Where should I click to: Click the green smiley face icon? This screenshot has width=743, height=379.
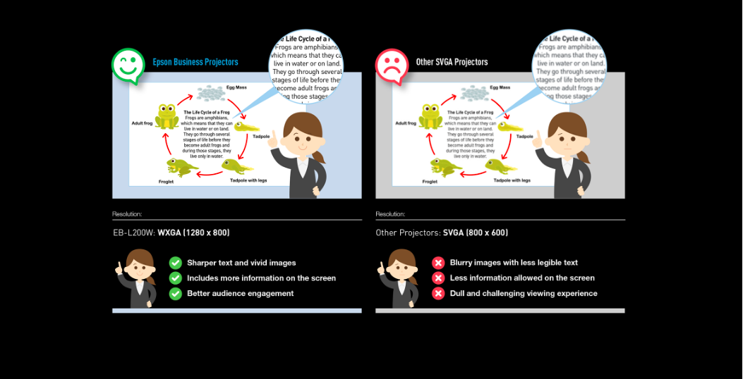[127, 66]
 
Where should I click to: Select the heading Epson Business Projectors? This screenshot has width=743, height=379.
[195, 62]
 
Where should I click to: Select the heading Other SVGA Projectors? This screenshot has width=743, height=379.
[452, 62]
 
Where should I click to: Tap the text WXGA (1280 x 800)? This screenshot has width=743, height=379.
[193, 232]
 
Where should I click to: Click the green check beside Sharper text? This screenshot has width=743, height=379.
[176, 263]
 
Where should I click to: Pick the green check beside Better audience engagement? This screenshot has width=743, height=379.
[176, 293]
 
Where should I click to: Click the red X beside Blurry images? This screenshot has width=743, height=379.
[438, 263]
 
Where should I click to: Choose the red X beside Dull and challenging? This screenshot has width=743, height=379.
[438, 293]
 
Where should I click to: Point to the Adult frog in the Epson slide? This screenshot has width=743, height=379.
[167, 116]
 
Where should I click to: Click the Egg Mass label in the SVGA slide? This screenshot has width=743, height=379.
[500, 87]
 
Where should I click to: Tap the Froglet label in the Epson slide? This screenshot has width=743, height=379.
[166, 182]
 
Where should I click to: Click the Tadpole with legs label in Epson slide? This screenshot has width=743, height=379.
[248, 180]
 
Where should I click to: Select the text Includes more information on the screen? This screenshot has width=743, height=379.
[261, 278]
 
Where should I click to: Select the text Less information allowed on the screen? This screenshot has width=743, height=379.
[522, 278]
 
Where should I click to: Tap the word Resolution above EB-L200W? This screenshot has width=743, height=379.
[127, 213]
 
